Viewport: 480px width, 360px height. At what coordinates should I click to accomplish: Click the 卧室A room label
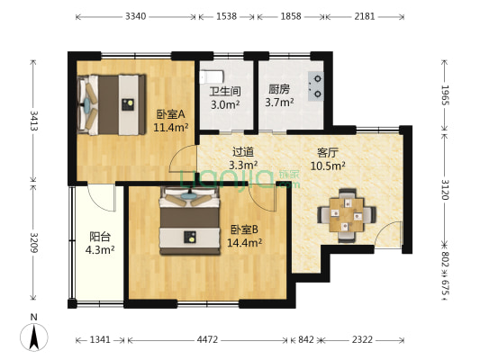(x=169, y=114)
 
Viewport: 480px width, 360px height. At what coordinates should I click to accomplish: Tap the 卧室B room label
(x=244, y=229)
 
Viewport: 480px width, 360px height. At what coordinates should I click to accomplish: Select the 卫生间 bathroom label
(x=224, y=91)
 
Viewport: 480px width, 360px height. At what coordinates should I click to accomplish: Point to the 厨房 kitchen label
(x=278, y=90)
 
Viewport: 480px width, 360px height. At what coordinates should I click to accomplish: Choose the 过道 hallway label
(x=242, y=152)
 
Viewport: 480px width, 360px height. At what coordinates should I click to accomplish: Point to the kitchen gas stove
(x=316, y=83)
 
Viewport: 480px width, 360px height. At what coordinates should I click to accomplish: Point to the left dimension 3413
(x=34, y=120)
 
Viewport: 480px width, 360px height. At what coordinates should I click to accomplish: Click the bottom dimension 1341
(x=100, y=339)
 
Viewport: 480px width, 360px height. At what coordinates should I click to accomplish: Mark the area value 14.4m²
(x=244, y=242)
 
